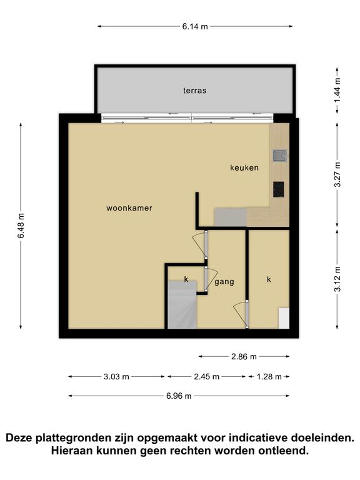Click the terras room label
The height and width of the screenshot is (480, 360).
pos(195,91)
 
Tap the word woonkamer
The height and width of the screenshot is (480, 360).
pos(129,208)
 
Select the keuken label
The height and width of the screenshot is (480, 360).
pos(244,167)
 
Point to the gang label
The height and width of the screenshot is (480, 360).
pos(224,282)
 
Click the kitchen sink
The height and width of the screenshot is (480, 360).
pos(279,156)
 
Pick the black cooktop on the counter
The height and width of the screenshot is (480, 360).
pos(279,189)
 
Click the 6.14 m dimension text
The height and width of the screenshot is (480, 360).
pos(195,27)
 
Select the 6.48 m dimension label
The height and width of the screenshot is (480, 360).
pos(21,226)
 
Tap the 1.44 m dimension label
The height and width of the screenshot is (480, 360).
pos(337,91)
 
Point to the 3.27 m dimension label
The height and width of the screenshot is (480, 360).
pos(337,174)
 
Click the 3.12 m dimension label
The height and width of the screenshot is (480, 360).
pos(337,279)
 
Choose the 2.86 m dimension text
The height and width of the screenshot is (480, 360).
pos(244,357)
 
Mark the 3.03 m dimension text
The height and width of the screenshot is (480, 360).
pos(116,376)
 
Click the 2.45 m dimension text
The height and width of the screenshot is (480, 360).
pos(207,376)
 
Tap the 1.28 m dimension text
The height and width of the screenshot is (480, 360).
pos(269,376)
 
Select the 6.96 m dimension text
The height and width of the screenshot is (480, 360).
pos(179,396)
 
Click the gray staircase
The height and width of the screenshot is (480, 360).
pos(182,305)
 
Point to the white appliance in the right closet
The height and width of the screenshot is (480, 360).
pos(284,318)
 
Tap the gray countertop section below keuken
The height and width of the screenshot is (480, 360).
pos(231,217)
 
